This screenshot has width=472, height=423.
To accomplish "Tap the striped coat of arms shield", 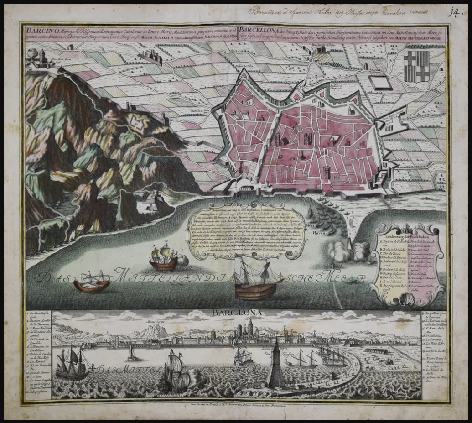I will coord(416,66).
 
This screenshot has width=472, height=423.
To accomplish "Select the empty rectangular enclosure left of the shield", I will coord(380,83).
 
